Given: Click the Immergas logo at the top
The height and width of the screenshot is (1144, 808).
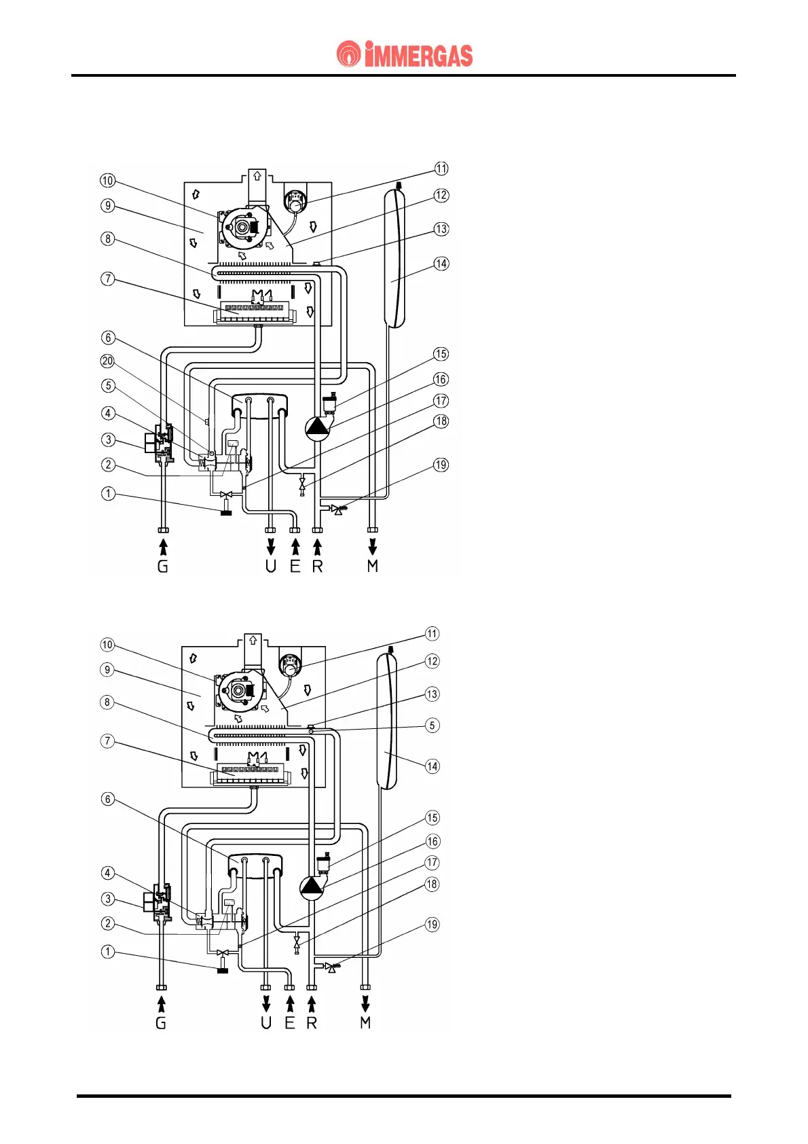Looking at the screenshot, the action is click(405, 54).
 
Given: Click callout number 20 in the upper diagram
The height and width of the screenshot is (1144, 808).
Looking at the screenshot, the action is click(107, 361).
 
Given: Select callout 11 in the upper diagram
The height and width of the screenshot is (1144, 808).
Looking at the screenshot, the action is click(441, 168).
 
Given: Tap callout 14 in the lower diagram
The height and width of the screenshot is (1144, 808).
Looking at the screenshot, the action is click(433, 766).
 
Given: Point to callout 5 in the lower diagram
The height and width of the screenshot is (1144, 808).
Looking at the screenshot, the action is click(433, 726).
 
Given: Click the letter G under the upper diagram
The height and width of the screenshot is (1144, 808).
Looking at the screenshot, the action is click(163, 566).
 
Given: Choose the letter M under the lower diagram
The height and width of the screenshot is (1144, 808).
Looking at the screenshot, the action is click(365, 1022).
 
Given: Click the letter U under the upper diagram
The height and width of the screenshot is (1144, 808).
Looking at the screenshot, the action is click(271, 566).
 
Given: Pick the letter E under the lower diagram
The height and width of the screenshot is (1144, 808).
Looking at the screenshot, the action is click(290, 1022).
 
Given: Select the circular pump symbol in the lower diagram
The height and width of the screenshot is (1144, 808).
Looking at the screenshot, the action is click(311, 886).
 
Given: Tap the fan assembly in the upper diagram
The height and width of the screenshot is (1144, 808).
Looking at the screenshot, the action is click(241, 226).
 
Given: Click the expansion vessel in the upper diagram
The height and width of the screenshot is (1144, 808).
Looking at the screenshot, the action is click(394, 258).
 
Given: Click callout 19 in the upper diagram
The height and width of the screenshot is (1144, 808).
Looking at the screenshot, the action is click(441, 465).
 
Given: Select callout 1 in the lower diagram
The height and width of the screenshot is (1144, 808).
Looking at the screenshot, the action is click(108, 952).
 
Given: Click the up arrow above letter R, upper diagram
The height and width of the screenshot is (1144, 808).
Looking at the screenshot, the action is click(317, 547).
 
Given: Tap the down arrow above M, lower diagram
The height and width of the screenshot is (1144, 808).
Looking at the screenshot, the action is click(365, 1003).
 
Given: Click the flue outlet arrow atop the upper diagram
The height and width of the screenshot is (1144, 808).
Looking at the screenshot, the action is click(257, 175).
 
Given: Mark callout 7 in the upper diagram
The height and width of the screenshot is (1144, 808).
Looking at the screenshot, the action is click(107, 279).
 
